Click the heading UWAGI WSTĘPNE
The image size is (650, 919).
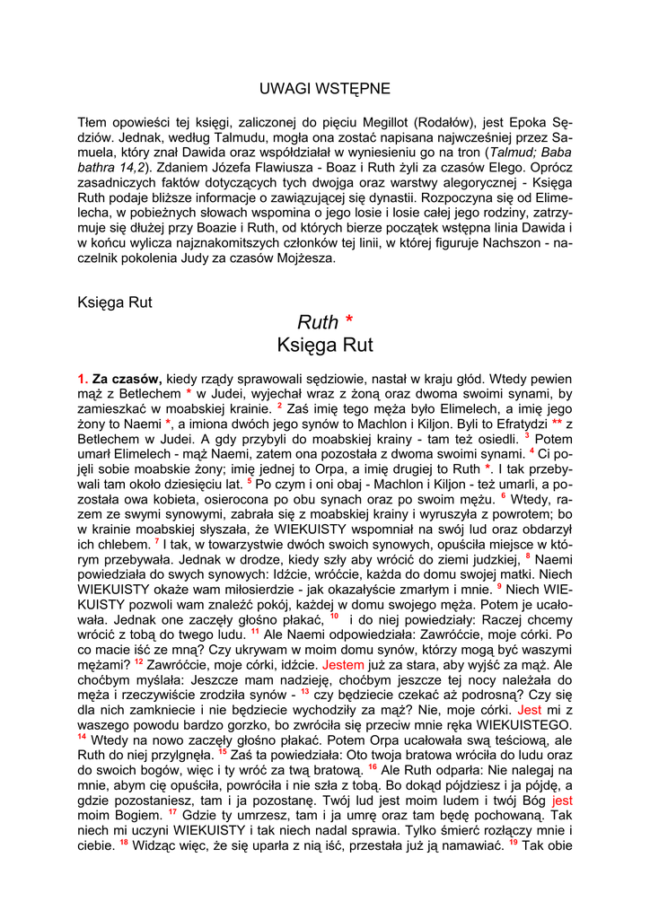pyautogui.click(x=325, y=89)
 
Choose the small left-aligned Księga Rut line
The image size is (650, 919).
pyautogui.click(x=115, y=302)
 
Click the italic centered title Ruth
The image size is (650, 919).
pyautogui.click(x=317, y=322)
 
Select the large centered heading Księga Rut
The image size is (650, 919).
pyautogui.click(x=325, y=345)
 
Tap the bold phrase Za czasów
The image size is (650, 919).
pyautogui.click(x=126, y=380)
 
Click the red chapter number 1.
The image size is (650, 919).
pyautogui.click(x=83, y=380)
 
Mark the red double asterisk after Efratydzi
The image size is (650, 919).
pyautogui.click(x=557, y=423)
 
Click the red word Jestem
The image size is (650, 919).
pyautogui.click(x=343, y=666)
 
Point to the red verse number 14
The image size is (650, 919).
pyautogui.click(x=82, y=737)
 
